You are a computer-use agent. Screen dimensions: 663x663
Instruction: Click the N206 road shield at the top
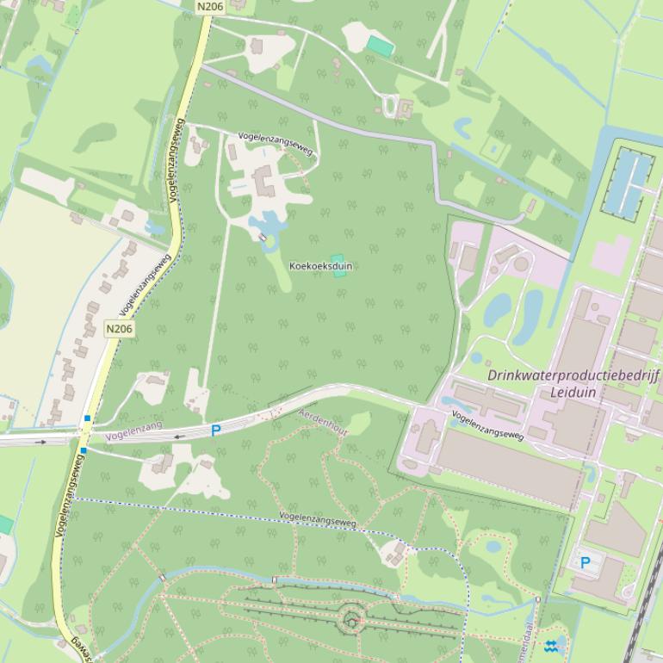[209, 6]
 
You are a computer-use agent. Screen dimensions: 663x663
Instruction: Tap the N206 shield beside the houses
[120, 329]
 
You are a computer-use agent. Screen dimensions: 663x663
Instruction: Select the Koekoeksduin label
[320, 266]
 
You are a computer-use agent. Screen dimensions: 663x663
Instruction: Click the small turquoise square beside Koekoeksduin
[338, 259]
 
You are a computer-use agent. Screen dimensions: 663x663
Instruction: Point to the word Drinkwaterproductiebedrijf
[573, 375]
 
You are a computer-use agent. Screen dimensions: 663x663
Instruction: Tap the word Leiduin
[573, 393]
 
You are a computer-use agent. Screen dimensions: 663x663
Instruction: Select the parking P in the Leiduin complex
[586, 563]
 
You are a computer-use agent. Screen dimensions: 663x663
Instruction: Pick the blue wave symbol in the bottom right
[551, 646]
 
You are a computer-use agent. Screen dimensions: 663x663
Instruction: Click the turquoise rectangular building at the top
[380, 45]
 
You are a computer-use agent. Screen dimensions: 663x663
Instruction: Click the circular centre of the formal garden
[350, 619]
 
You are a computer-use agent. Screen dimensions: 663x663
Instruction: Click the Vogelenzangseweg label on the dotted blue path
[317, 520]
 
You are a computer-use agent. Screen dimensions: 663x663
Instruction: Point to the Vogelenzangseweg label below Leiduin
[487, 425]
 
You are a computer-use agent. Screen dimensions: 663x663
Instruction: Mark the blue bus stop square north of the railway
[87, 418]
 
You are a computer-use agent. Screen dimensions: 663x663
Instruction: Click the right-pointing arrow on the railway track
[41, 442]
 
